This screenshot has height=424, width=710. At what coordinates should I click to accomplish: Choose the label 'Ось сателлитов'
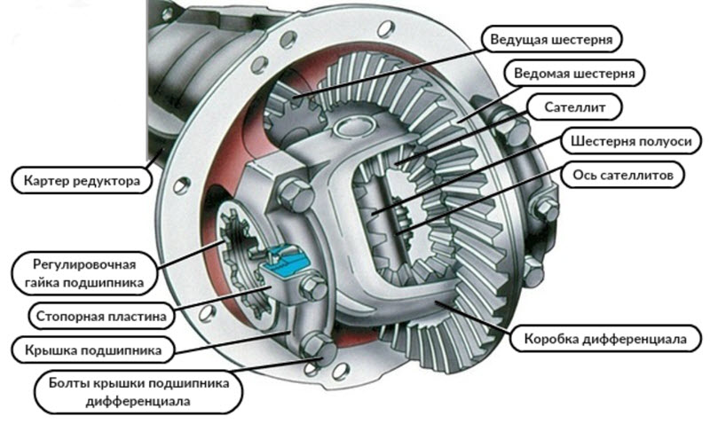pyautogui.click(x=623, y=175)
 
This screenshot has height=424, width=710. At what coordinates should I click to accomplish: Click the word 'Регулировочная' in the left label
pyautogui.click(x=83, y=264)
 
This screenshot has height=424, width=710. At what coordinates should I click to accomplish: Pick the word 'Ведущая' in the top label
pyautogui.click(x=519, y=39)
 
